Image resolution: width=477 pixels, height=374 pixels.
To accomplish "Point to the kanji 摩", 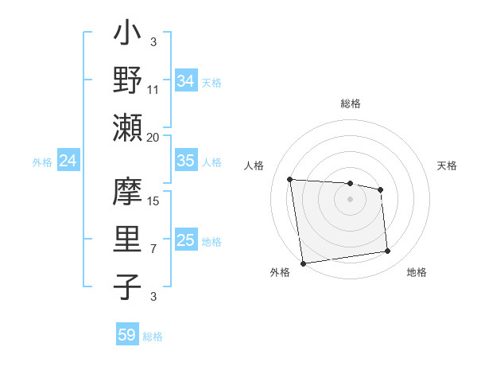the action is click(x=127, y=192).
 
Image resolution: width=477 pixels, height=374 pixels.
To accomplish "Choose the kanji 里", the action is click(x=127, y=238).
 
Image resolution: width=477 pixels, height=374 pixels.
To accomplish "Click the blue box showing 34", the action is click(x=185, y=80).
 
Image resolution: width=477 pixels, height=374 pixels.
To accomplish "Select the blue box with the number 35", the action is click(x=185, y=161).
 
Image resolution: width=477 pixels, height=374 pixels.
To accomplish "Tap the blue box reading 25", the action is click(x=185, y=240).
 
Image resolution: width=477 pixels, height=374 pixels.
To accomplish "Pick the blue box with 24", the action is click(x=68, y=161).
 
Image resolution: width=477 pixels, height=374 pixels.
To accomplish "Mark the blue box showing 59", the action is click(x=127, y=335).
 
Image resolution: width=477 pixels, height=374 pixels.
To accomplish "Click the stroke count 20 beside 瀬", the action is click(x=153, y=137).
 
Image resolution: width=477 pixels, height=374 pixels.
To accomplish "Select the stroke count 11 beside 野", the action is click(x=153, y=90).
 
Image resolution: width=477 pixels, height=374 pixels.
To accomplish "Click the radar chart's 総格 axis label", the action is click(x=351, y=103).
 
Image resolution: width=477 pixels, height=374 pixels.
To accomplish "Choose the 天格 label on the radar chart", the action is click(x=447, y=166).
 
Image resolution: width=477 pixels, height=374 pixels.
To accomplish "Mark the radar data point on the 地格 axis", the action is click(x=387, y=251).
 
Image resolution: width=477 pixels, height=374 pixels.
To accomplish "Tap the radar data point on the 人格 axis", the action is click(x=290, y=179).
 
